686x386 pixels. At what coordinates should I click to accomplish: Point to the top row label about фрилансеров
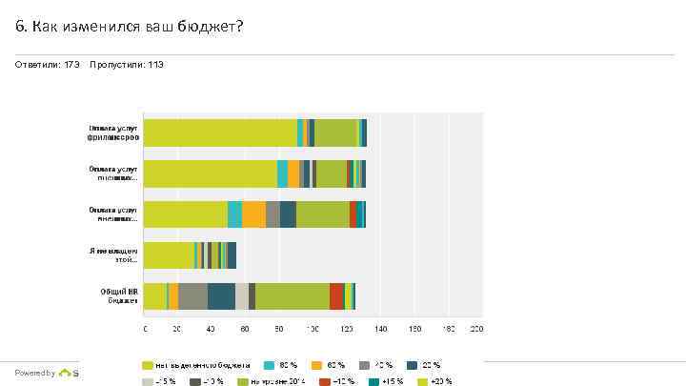[114, 132]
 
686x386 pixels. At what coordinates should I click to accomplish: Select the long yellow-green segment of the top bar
[220, 132]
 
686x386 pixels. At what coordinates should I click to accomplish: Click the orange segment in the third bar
[253, 214]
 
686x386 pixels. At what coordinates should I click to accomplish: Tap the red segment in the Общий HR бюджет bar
[336, 296]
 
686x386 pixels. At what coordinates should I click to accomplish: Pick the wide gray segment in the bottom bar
[192, 296]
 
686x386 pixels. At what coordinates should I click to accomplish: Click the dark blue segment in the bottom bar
[221, 296]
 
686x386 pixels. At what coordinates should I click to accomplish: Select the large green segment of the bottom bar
[293, 296]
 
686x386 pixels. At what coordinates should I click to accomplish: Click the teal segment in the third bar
[234, 214]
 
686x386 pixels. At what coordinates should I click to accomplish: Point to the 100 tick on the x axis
[313, 329]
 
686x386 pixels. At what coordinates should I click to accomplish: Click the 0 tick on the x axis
[145, 329]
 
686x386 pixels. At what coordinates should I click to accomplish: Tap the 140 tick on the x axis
[379, 329]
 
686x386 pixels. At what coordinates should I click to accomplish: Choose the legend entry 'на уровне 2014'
[277, 381]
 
